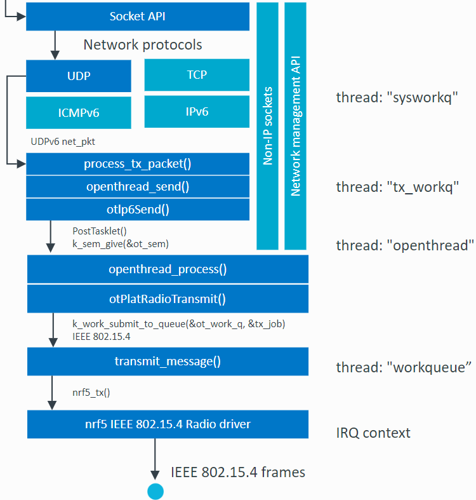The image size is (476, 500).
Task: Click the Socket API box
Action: point(137,17)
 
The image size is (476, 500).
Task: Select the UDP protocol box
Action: point(79,76)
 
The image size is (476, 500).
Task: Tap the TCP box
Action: point(197,75)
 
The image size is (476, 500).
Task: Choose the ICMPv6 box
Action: point(79,113)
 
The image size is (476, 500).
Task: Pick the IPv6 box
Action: point(197,112)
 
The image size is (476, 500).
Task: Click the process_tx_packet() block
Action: point(137,165)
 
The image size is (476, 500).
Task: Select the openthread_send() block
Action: point(137,187)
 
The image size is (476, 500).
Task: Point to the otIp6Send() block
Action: point(137,208)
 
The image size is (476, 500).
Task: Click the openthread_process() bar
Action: point(168,269)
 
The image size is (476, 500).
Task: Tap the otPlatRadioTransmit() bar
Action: point(168,299)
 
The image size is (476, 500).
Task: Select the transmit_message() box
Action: point(168,362)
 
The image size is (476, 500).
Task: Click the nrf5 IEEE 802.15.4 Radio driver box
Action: point(168,424)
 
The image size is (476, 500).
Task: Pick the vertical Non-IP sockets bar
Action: point(268,126)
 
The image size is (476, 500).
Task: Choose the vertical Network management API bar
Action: point(295,126)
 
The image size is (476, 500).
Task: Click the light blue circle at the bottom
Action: point(155,491)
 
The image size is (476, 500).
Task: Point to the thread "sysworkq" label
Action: point(397,98)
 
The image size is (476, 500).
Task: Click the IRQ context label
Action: point(373,433)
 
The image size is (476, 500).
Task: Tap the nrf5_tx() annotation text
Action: point(91,393)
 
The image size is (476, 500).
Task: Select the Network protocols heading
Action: point(143,45)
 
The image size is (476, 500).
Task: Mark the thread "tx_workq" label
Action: point(398,187)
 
